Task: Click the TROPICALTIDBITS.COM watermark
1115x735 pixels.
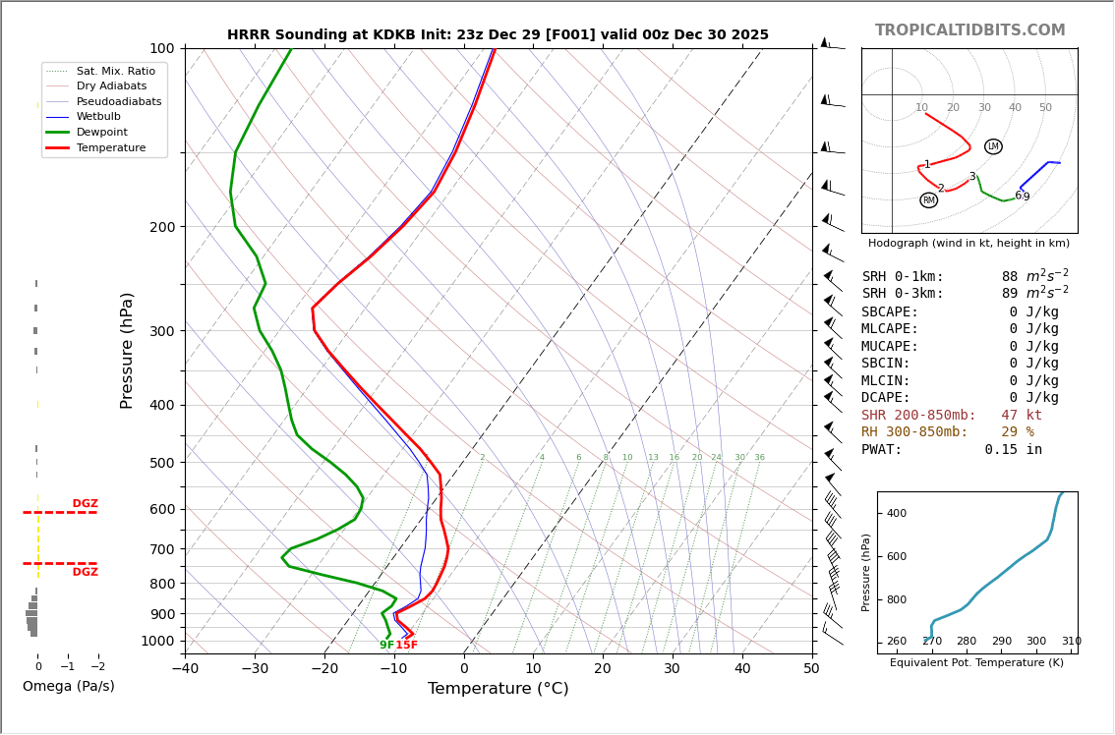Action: pyautogui.click(x=969, y=30)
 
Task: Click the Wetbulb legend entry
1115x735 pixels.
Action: pyautogui.click(x=98, y=117)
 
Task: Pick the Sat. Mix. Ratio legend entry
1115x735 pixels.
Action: pyautogui.click(x=115, y=72)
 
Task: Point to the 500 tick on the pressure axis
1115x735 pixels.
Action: pyautogui.click(x=161, y=463)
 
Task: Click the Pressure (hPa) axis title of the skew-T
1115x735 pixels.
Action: pyautogui.click(x=128, y=350)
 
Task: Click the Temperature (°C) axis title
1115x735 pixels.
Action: pyautogui.click(x=498, y=690)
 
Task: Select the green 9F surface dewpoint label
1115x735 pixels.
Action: pyautogui.click(x=386, y=646)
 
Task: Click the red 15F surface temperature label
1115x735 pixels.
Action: pyautogui.click(x=407, y=646)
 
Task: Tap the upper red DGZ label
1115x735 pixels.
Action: pyautogui.click(x=86, y=504)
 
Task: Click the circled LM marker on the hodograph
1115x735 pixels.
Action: pyautogui.click(x=993, y=146)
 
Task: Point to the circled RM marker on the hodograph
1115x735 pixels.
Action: pyautogui.click(x=928, y=200)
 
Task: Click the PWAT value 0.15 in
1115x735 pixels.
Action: pyautogui.click(x=1013, y=450)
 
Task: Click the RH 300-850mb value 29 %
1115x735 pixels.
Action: pyautogui.click(x=1018, y=432)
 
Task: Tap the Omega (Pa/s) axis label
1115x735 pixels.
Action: pyautogui.click(x=69, y=687)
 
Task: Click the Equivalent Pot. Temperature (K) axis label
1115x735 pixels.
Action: pyautogui.click(x=976, y=663)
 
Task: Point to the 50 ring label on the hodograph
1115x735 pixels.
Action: pyautogui.click(x=1045, y=108)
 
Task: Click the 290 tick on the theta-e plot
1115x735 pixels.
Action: pyautogui.click(x=1001, y=642)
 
